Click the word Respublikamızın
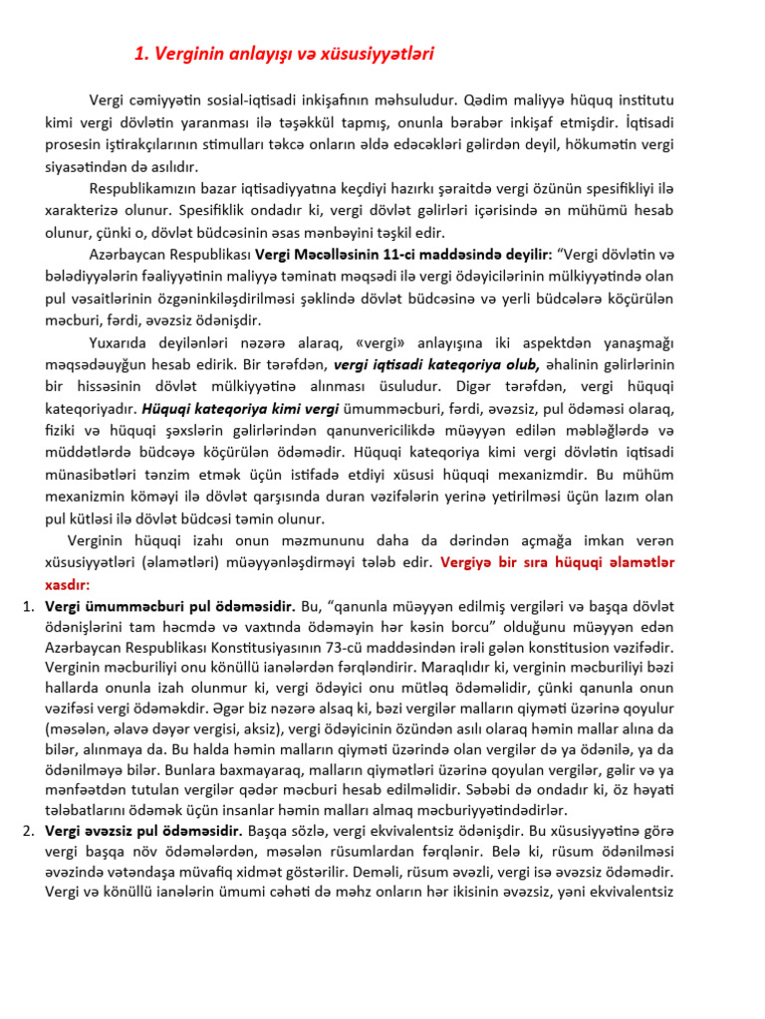pos(143,188)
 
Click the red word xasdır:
pos(67,584)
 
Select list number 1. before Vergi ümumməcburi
pos(29,606)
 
